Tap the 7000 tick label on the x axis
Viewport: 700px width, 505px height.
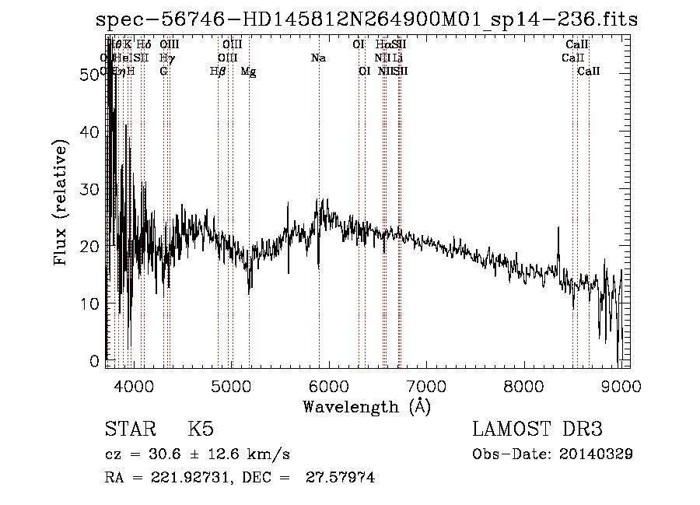click(x=426, y=386)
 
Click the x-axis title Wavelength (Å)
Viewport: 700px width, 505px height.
click(x=366, y=406)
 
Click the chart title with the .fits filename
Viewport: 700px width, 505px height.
click(x=366, y=19)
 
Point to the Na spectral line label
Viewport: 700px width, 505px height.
click(x=317, y=58)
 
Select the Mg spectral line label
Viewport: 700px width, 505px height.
click(x=248, y=71)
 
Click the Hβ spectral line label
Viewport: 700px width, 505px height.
click(x=218, y=71)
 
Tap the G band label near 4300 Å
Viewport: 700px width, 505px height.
click(x=163, y=71)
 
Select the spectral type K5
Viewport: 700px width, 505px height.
click(x=201, y=430)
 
